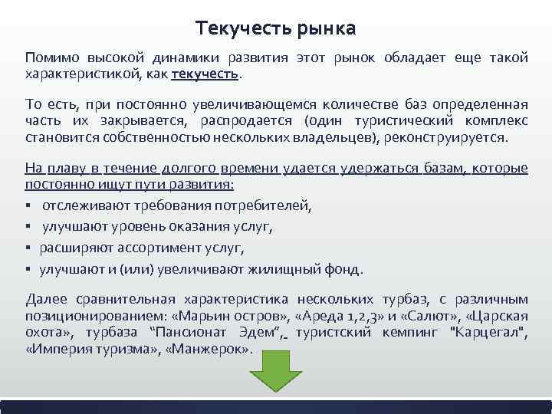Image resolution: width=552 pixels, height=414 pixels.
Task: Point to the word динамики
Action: [x=181, y=59]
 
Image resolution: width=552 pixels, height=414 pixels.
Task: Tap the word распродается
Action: [x=248, y=121]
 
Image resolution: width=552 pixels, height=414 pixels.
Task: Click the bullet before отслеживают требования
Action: [x=28, y=206]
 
